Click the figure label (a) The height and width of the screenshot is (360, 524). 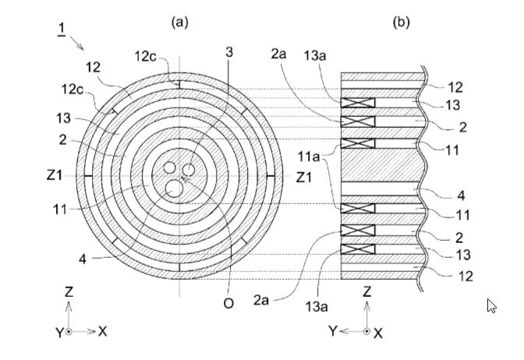point(180,23)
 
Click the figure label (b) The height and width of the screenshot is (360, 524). point(401,23)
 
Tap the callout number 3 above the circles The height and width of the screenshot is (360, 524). point(228,52)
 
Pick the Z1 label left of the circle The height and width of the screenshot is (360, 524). point(55,177)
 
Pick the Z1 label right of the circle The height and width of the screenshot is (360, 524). point(305,177)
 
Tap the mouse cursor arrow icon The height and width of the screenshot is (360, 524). point(492,305)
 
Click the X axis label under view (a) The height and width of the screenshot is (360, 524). point(102,331)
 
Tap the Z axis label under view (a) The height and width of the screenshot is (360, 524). point(69,291)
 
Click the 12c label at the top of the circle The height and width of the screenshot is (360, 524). point(146,55)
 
